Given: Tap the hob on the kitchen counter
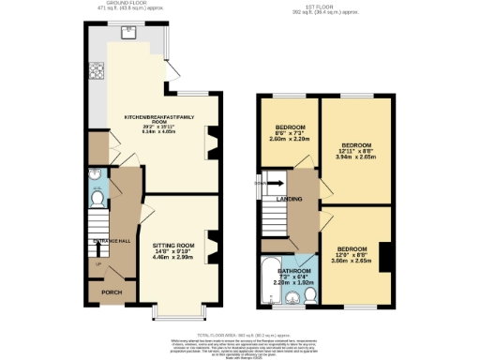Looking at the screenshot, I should tap(96, 71).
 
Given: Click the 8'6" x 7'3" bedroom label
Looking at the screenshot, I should tap(290, 132).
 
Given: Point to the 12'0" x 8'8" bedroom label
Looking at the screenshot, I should tap(352, 253).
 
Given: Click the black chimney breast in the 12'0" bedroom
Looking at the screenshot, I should tap(384, 255).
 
